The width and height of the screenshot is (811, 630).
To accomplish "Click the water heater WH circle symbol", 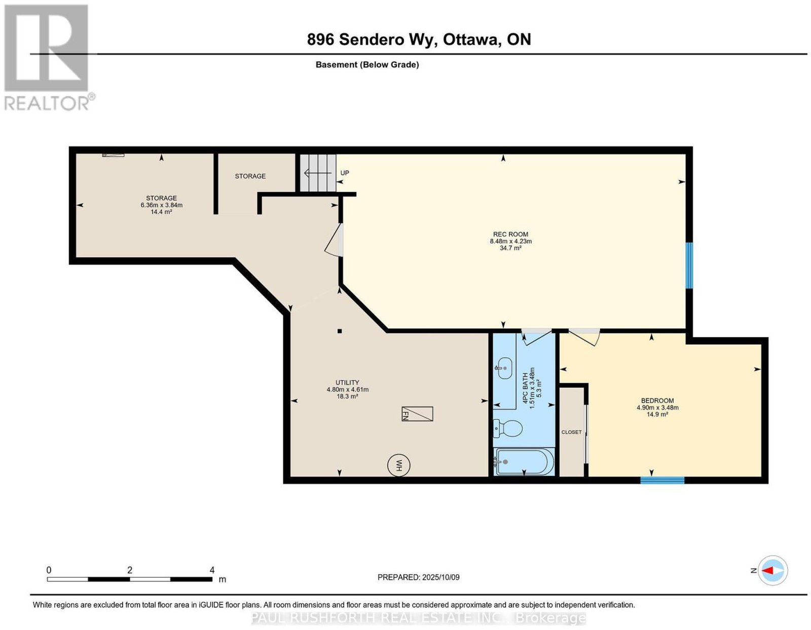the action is coord(398,465).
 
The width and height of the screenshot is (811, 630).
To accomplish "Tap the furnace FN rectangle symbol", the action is coord(417,414).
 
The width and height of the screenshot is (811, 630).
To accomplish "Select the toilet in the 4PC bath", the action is coord(507,428).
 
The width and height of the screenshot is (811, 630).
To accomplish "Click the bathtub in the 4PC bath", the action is coord(524,461).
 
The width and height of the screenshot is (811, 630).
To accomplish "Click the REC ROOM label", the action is coord(510,234).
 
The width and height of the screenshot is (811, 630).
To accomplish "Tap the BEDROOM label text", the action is coord(657,401).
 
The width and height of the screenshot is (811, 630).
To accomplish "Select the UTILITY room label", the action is coord(348,383).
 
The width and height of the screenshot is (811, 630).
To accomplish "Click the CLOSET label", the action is coord(571,432).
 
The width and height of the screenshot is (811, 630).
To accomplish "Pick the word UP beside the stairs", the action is coord(345,173).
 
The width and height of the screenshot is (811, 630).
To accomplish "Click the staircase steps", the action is coord(318,173).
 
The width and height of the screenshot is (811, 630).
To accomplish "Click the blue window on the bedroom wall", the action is coord(662,480).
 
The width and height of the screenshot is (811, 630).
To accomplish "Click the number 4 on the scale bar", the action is coord(212,570).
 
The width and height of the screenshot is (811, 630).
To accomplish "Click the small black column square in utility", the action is coord(340,331).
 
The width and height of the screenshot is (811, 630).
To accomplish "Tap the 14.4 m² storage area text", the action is coord(161,212).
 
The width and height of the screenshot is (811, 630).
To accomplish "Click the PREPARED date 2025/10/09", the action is coord(441,577).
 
